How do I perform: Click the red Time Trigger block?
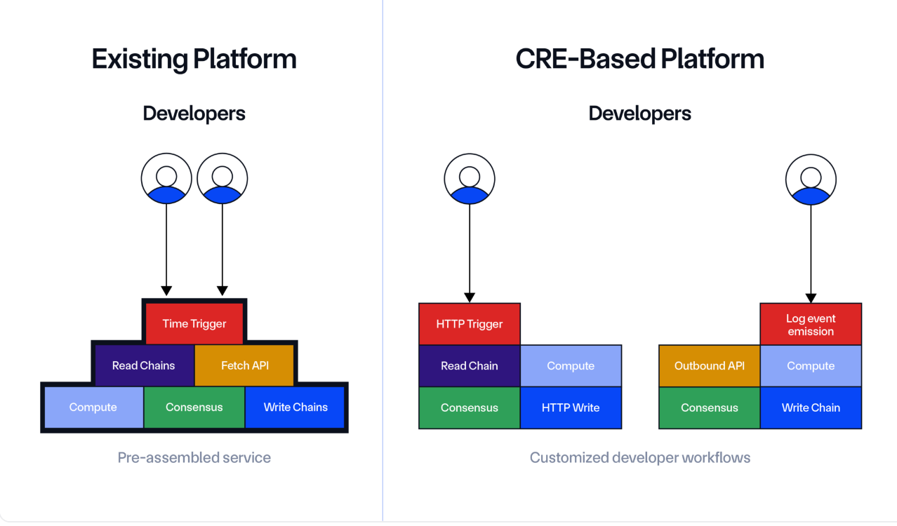point(194,323)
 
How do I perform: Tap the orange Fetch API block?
point(244,365)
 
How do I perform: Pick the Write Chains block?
point(295,407)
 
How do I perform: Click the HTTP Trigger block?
point(470,324)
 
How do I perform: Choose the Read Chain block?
point(470,365)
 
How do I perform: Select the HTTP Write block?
point(571,407)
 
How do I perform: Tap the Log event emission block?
point(811,324)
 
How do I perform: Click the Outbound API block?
point(709,365)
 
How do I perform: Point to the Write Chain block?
point(811,407)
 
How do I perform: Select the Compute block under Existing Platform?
point(94,407)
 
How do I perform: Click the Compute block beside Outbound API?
point(811,365)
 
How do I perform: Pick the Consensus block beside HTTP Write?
point(470,407)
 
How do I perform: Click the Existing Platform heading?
point(194,59)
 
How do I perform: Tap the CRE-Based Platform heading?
point(640,59)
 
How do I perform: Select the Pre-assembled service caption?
point(194,457)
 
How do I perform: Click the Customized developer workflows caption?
point(640,457)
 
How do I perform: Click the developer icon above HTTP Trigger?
point(470,179)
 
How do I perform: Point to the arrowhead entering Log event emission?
point(811,298)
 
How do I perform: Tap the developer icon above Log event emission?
point(811,180)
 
